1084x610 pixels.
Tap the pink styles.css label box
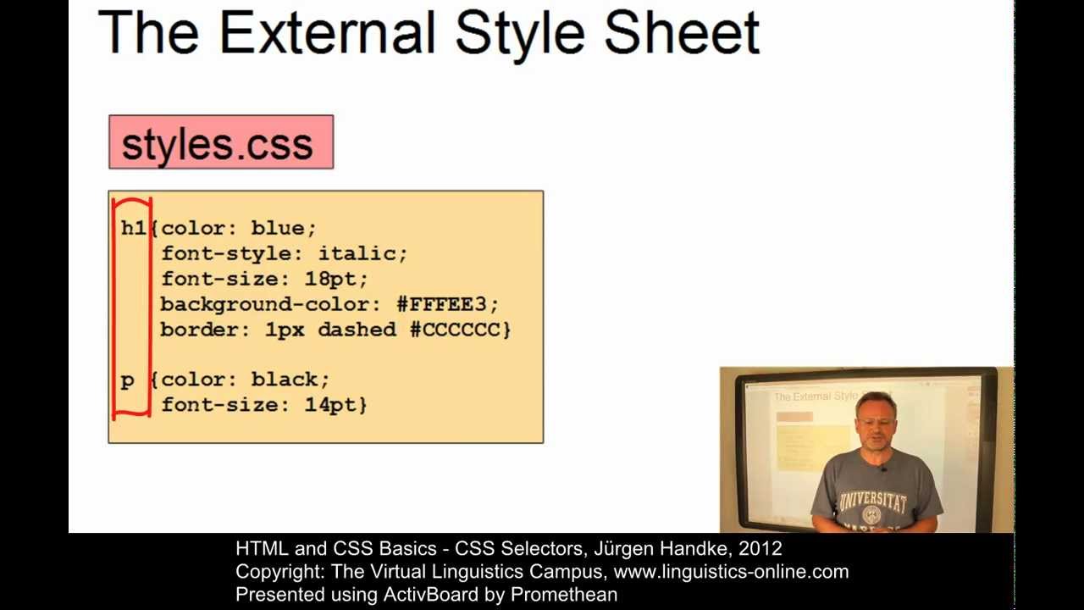tap(221, 142)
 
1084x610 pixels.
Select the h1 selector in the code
tap(133, 228)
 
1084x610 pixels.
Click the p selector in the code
tap(127, 380)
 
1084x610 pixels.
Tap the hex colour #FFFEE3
tap(446, 304)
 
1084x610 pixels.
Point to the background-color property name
tap(264, 304)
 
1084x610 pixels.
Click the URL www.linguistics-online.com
tap(731, 572)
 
